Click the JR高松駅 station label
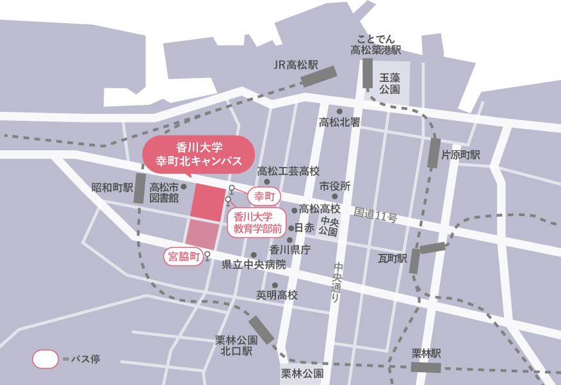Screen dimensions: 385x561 point(295,65)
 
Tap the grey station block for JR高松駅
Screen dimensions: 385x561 point(319,77)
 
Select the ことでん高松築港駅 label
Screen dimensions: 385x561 point(375,44)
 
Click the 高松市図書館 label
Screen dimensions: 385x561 point(163,192)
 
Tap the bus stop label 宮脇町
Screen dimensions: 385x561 point(183,257)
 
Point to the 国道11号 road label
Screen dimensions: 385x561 point(375,215)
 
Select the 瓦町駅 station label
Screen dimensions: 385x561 point(393,258)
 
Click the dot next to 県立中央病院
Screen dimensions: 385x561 point(254,255)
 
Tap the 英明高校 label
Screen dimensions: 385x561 point(277,295)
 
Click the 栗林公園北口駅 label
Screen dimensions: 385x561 point(237,345)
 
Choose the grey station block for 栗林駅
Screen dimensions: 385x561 point(426,367)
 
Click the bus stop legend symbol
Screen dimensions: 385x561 point(45,359)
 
